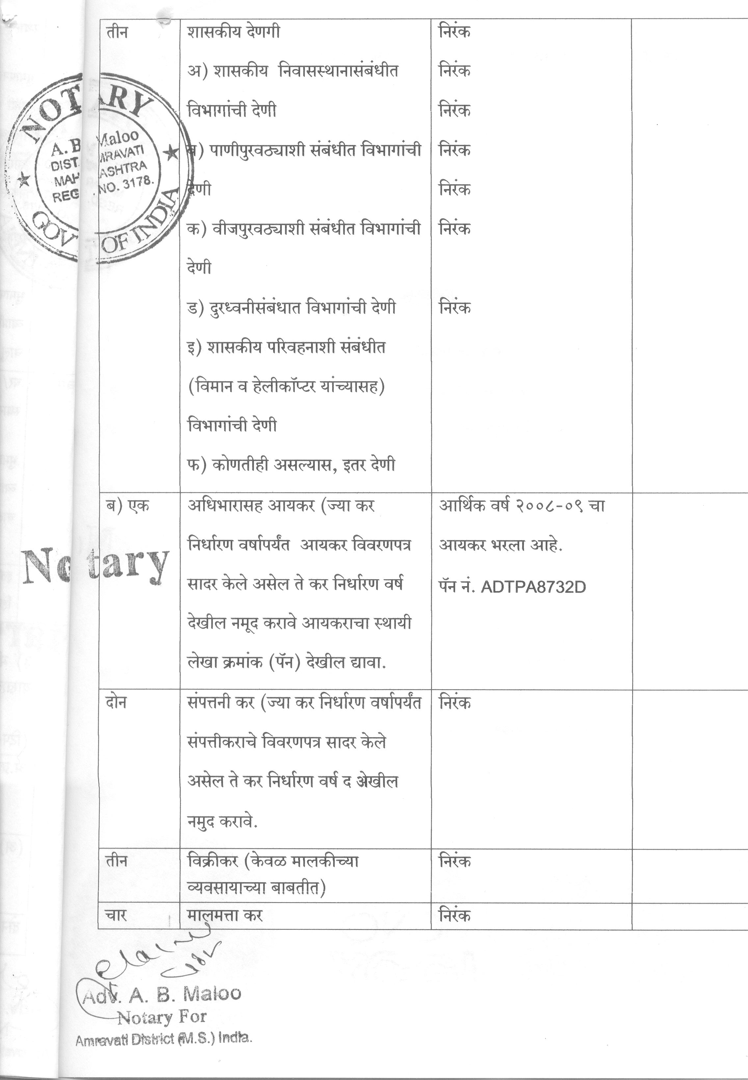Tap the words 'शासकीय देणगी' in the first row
(x=233, y=32)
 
